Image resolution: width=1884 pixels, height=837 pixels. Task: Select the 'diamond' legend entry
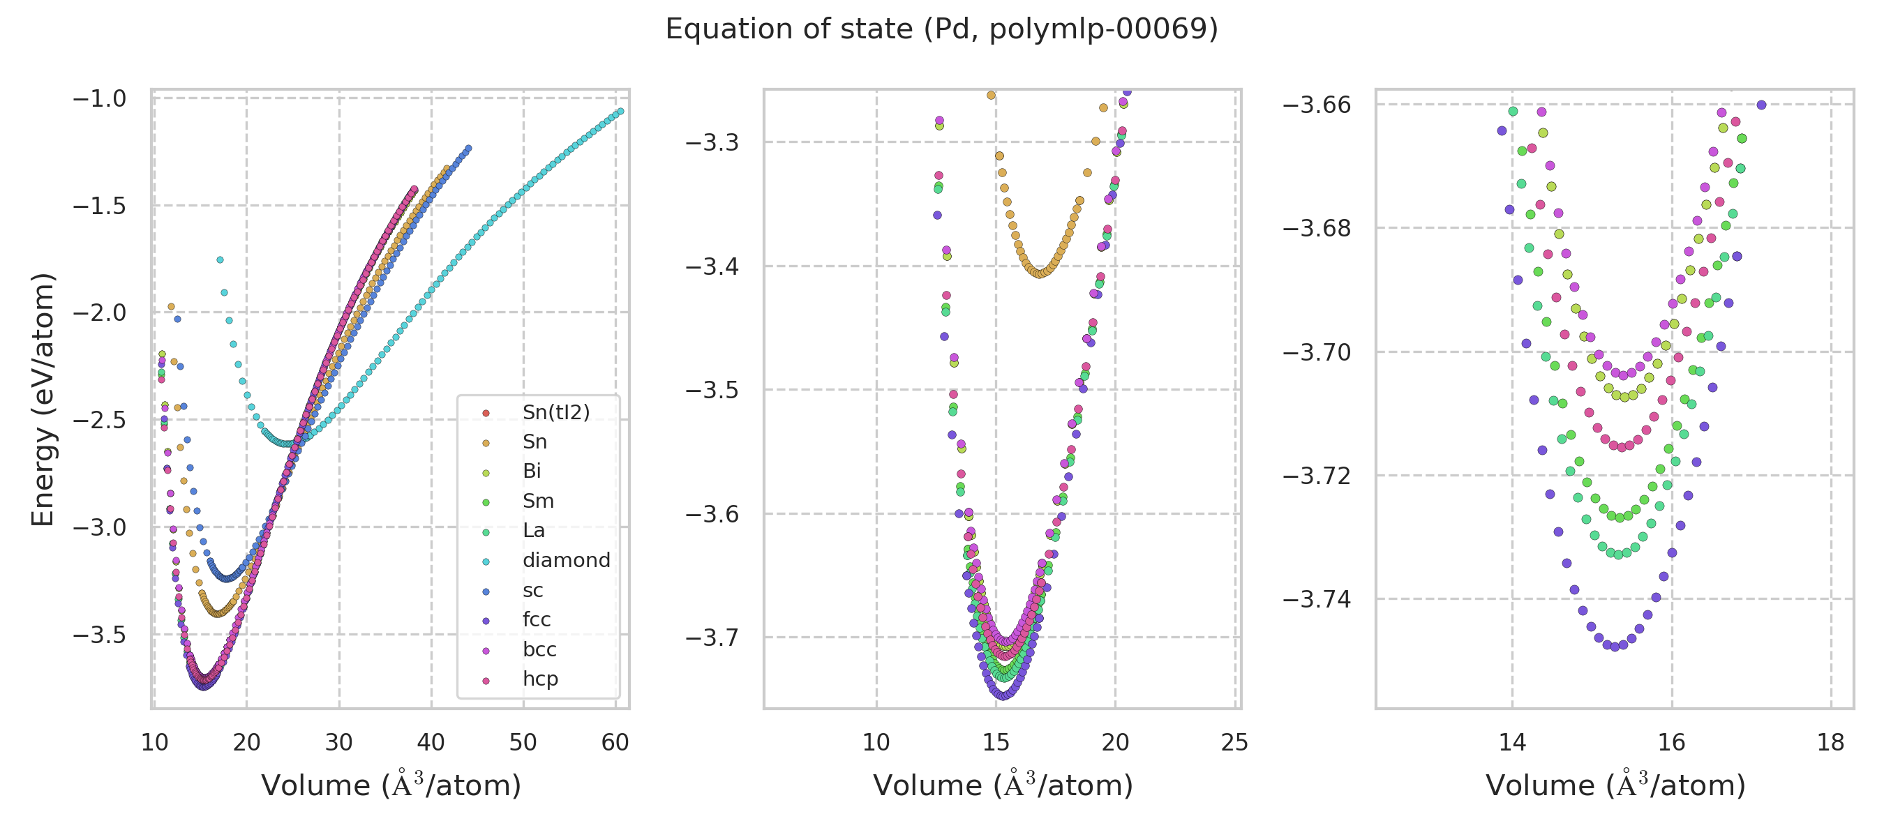click(x=566, y=561)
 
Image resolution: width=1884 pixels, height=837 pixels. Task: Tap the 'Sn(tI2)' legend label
click(x=556, y=412)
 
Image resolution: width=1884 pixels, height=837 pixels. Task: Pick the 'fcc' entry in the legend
click(x=536, y=620)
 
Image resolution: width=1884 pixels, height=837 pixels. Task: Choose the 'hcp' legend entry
click(x=540, y=679)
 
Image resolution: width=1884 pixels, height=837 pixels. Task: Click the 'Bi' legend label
click(x=532, y=472)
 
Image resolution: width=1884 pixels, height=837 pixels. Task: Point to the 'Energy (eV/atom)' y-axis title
click(x=43, y=399)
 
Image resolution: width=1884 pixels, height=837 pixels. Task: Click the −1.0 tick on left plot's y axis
click(x=100, y=98)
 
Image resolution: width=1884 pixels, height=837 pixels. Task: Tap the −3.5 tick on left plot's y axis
click(x=100, y=635)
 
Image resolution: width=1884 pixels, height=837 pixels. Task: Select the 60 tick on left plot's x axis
click(x=615, y=743)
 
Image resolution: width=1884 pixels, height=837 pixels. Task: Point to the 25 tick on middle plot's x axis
click(x=1234, y=743)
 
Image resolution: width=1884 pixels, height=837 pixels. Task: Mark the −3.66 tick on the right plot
click(x=1317, y=105)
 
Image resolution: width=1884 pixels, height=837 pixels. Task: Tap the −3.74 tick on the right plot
click(x=1317, y=599)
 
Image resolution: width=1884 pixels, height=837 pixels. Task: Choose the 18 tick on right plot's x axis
click(x=1830, y=743)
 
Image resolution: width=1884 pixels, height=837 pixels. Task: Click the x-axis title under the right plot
click(x=1615, y=786)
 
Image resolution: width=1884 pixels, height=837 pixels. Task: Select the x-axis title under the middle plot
click(x=1003, y=786)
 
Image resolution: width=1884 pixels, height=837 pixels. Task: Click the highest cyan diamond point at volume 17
click(x=219, y=259)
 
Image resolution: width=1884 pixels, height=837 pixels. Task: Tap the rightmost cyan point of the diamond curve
click(x=620, y=111)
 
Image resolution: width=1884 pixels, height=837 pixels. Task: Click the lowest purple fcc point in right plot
click(x=1615, y=647)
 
